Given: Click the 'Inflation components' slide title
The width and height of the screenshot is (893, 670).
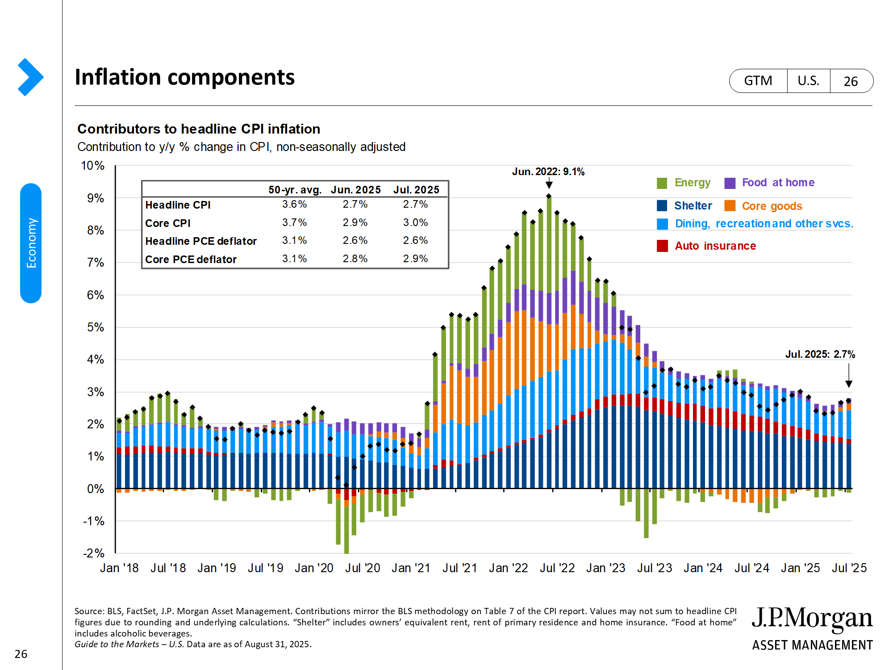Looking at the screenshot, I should click(x=184, y=77).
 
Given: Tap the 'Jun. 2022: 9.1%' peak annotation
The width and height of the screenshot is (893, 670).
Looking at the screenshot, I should click(x=548, y=172).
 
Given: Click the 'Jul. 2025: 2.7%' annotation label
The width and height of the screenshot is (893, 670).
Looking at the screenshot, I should click(x=820, y=354).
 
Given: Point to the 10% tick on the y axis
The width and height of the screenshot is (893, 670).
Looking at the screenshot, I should click(x=92, y=166).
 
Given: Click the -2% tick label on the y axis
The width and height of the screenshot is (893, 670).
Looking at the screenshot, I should click(x=93, y=553).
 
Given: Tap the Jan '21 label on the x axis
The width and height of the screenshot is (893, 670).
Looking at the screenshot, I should click(x=411, y=568).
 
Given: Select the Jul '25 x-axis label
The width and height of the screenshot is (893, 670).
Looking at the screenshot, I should click(x=849, y=568).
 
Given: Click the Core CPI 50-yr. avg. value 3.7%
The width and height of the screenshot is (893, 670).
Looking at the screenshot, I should click(x=294, y=222).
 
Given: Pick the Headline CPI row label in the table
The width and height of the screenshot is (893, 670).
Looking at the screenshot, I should click(x=178, y=205).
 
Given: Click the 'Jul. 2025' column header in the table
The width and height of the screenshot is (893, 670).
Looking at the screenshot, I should click(x=416, y=190).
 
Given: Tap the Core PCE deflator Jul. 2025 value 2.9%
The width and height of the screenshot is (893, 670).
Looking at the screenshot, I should click(x=415, y=259).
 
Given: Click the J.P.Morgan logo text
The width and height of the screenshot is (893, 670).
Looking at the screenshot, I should click(x=812, y=619).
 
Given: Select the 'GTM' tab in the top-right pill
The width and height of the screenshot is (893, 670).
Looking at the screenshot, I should click(x=758, y=81).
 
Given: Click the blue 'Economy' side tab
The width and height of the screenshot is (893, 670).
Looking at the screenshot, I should click(x=31, y=243).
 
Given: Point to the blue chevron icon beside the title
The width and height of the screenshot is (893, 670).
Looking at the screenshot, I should click(x=30, y=77).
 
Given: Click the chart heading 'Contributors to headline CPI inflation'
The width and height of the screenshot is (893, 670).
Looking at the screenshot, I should click(x=199, y=129).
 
